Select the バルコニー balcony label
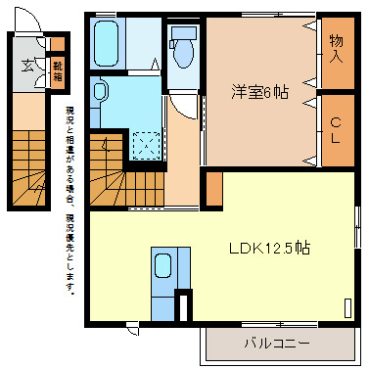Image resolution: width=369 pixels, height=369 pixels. [x=277, y=344]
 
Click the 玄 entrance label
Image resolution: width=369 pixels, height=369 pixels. [x=25, y=68]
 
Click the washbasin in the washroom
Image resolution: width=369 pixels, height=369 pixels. [x=102, y=94]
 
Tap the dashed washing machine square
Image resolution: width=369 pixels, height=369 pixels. [x=148, y=144]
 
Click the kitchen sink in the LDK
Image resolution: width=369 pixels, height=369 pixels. [x=162, y=265]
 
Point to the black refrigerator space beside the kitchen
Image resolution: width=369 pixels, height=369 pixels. [x=181, y=306]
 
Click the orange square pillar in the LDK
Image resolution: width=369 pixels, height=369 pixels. [x=213, y=188]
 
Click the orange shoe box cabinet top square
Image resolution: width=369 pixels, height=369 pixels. [x=57, y=43]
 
